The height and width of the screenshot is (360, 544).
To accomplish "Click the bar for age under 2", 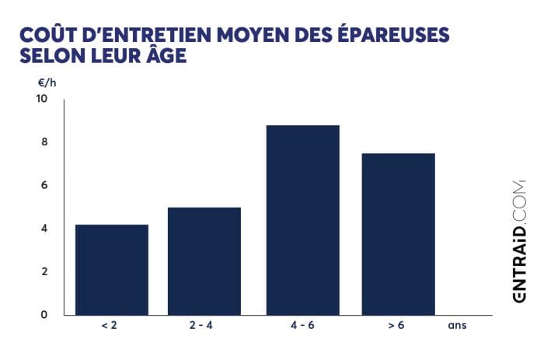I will (x=112, y=269).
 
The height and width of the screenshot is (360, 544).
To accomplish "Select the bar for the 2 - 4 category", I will (x=204, y=260).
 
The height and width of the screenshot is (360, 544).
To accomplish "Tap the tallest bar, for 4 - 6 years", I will (x=302, y=219).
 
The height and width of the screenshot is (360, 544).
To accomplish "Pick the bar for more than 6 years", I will (x=398, y=233).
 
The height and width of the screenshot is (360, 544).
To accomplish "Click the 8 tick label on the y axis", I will (x=44, y=142).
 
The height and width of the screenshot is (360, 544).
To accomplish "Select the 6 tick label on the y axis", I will (x=44, y=185).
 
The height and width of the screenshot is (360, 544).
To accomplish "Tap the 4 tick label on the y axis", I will (x=44, y=229).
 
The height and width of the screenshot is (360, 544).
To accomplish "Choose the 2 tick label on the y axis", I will (x=44, y=271).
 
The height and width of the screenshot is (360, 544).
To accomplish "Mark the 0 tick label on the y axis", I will (x=44, y=314).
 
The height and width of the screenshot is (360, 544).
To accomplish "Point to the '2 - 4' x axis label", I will (x=204, y=326).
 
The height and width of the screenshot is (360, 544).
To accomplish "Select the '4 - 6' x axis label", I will (x=302, y=326).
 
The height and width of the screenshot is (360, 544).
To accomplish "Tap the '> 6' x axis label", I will (x=398, y=326).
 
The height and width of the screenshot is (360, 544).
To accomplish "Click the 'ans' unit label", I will (x=457, y=326).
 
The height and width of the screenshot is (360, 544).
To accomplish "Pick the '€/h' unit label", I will (x=47, y=82).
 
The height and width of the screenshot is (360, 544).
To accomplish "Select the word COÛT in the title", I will (x=46, y=36).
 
